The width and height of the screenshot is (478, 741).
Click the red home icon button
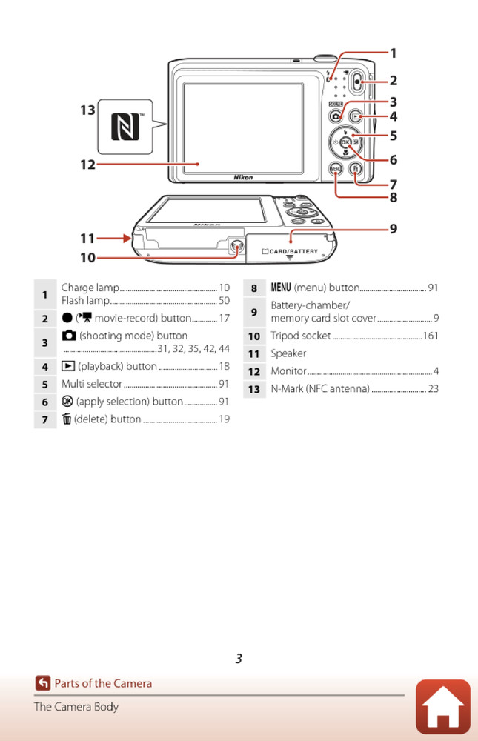[x=443, y=706]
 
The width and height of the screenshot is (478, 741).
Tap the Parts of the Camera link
[x=102, y=684]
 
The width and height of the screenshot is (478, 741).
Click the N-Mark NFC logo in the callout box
[x=125, y=127]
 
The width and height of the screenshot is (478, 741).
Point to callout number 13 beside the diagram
[x=87, y=110]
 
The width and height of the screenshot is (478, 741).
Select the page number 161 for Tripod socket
[x=431, y=336]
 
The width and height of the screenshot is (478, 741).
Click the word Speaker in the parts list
[x=288, y=354]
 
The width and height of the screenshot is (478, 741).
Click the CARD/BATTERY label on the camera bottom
[x=293, y=252]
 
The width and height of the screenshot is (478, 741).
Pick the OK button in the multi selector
[x=346, y=142]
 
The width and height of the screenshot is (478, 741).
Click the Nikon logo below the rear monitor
[x=243, y=178]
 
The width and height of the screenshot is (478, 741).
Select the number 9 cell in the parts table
[x=253, y=312]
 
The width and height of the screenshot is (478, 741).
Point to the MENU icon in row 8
[x=281, y=288]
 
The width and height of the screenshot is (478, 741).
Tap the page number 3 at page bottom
[x=239, y=659]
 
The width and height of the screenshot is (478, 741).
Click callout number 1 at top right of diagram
[x=394, y=53]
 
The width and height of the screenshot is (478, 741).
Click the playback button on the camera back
[x=356, y=116]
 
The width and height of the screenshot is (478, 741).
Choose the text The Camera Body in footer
[x=76, y=707]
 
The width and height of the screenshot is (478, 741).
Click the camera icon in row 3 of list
[x=68, y=336]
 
